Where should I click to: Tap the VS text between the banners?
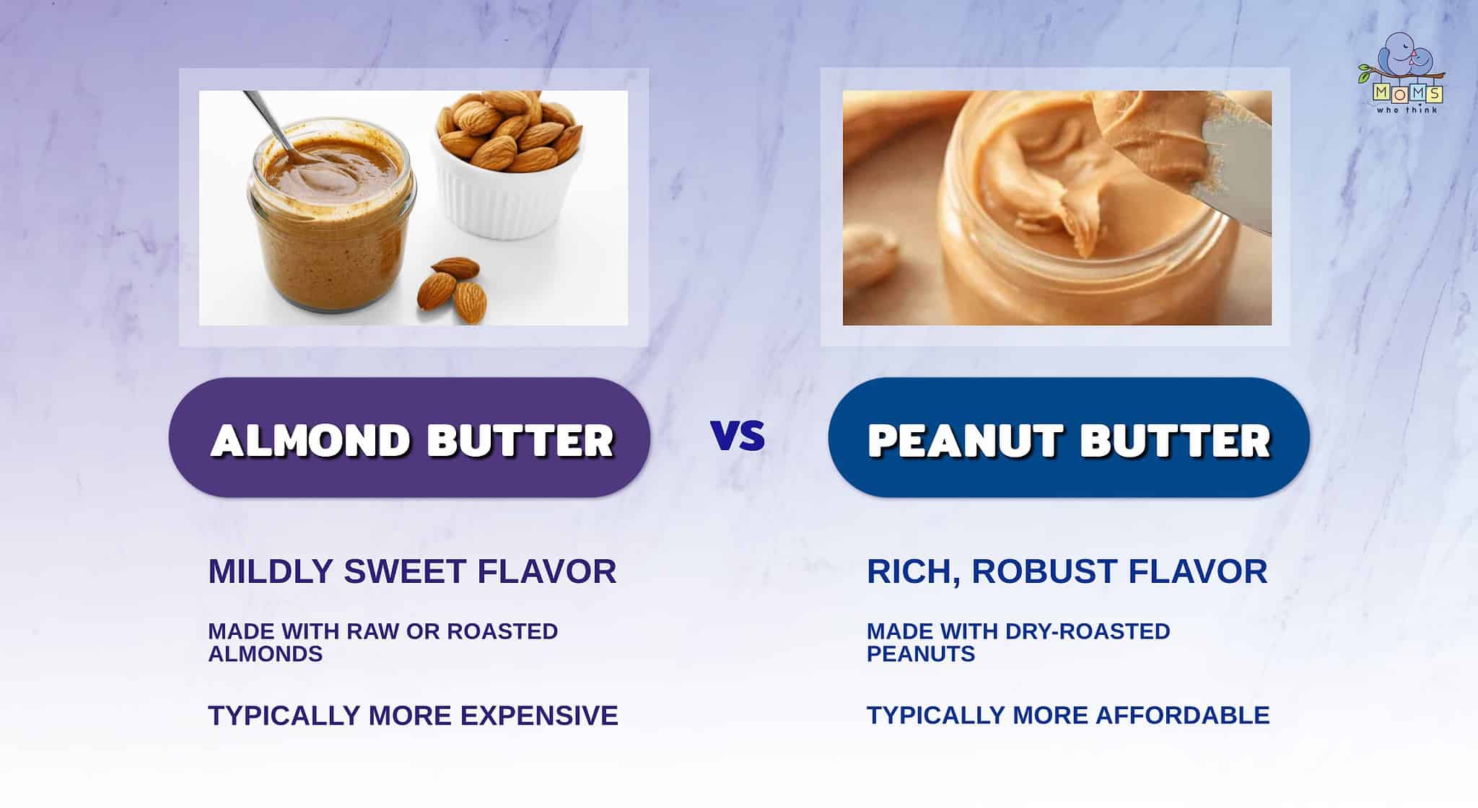pyautogui.click(x=738, y=436)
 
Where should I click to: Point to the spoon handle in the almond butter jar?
pyautogui.click(x=263, y=119)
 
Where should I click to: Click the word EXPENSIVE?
pyautogui.click(x=539, y=716)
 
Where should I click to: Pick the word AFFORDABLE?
pyautogui.click(x=1183, y=715)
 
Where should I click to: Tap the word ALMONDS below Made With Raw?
pyautogui.click(x=265, y=654)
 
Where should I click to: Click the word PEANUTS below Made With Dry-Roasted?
pyautogui.click(x=921, y=654)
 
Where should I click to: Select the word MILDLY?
pyautogui.click(x=270, y=571)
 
